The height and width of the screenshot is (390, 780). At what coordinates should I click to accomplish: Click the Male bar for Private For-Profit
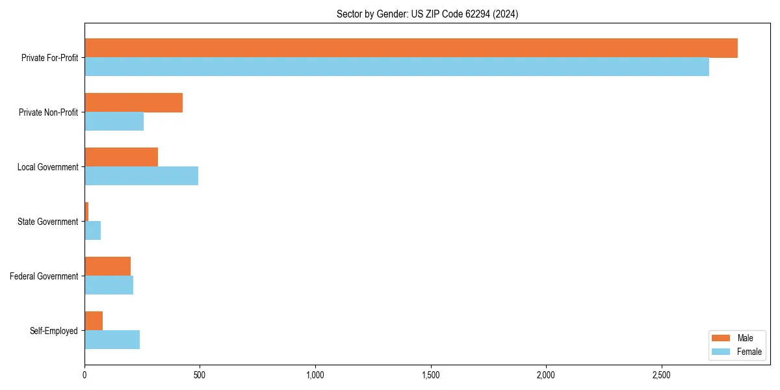coord(411,48)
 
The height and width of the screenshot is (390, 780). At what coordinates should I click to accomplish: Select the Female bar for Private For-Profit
coord(396,67)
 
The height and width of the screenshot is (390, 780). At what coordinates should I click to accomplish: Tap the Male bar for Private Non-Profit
coord(133,103)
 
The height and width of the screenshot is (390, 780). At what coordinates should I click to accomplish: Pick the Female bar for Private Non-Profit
coord(114,122)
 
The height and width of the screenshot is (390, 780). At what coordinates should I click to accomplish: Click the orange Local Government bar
coord(121,157)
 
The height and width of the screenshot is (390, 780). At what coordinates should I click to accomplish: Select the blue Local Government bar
coord(141,176)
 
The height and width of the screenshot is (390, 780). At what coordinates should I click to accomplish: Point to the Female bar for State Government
coord(92,231)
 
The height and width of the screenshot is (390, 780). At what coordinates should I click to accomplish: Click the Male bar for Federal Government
coord(107,266)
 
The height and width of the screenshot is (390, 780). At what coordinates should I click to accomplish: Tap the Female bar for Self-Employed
coord(112,340)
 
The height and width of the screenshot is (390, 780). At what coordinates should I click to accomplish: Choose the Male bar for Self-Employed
coord(94,321)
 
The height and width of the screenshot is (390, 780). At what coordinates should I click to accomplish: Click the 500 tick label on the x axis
coord(200,375)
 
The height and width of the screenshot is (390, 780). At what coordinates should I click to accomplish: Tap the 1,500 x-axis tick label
coord(430,375)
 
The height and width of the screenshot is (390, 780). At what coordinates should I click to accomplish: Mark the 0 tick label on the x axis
coord(84,375)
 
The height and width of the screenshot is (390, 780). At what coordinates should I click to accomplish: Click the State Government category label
coord(47,222)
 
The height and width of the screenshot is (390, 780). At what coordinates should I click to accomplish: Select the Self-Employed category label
coord(53,331)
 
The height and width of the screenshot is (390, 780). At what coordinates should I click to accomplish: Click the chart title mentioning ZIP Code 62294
coord(427,14)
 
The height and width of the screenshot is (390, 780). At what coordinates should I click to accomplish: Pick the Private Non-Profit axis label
coord(48,112)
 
